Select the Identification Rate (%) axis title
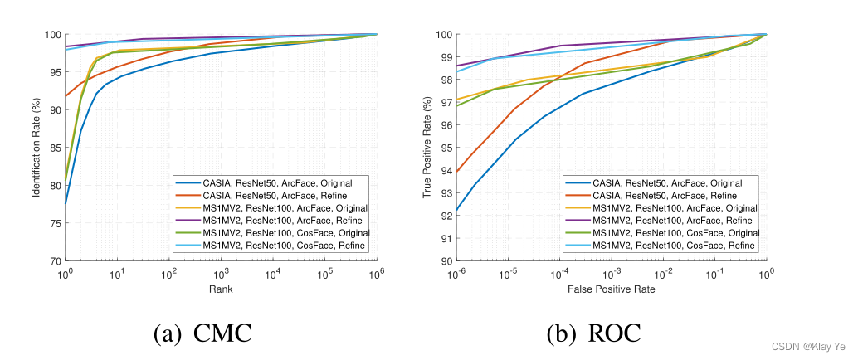coord(36,147)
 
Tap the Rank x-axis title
coord(222,289)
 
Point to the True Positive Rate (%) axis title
coord(427,147)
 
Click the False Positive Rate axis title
coord(612,289)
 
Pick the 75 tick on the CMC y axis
coord(54,223)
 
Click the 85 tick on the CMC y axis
coord(54,148)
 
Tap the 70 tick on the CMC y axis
coord(54,261)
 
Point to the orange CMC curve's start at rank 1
coord(66,96)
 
